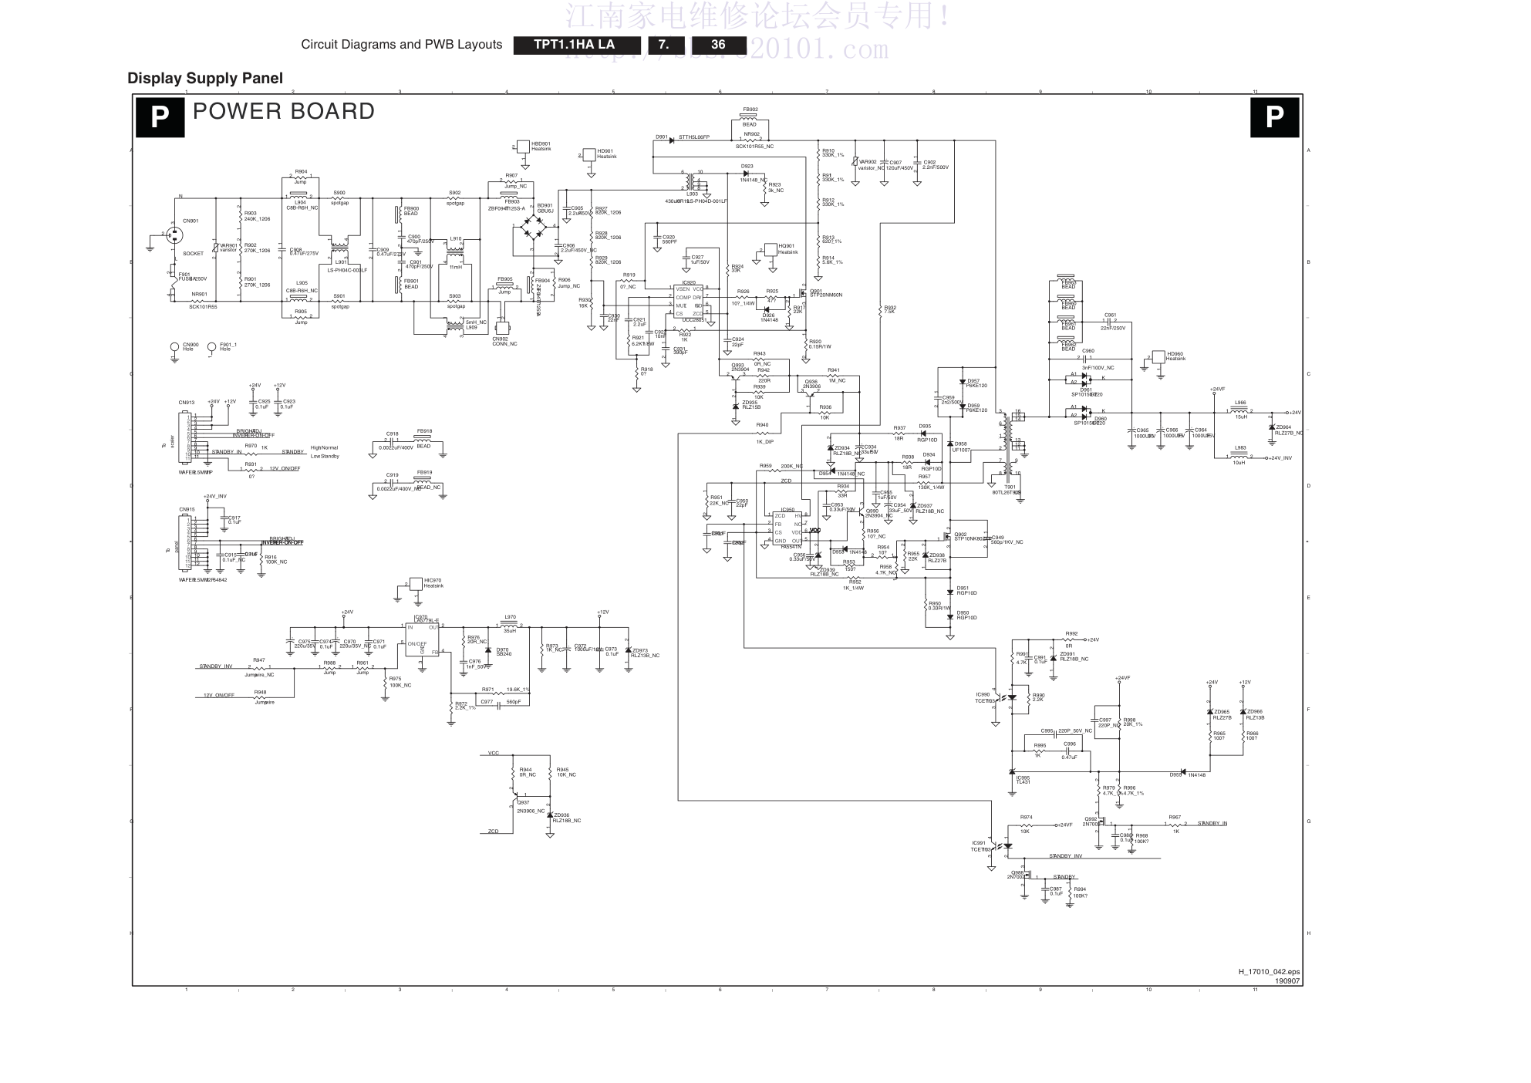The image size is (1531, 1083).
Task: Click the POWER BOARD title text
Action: [x=283, y=112]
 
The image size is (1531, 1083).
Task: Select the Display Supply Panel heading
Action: [x=205, y=78]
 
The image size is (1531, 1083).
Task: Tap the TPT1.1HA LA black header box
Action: [x=575, y=45]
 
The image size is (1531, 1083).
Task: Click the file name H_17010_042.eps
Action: [x=1269, y=972]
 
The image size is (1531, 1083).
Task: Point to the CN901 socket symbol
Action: [x=174, y=234]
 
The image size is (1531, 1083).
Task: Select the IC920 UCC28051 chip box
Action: [x=688, y=301]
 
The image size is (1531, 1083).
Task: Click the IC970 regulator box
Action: [x=423, y=639]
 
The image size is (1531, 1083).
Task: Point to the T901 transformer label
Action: [x=1010, y=487]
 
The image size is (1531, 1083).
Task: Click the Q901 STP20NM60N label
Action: [x=825, y=293]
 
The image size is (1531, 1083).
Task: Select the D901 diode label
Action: [x=662, y=137]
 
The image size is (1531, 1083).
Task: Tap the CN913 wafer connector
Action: [x=186, y=437]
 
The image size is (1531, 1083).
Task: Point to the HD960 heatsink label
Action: [x=1175, y=356]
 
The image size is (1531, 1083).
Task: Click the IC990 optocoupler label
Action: [x=982, y=694]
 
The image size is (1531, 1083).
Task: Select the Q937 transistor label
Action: [x=523, y=802]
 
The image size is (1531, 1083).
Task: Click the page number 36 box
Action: [x=718, y=45]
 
